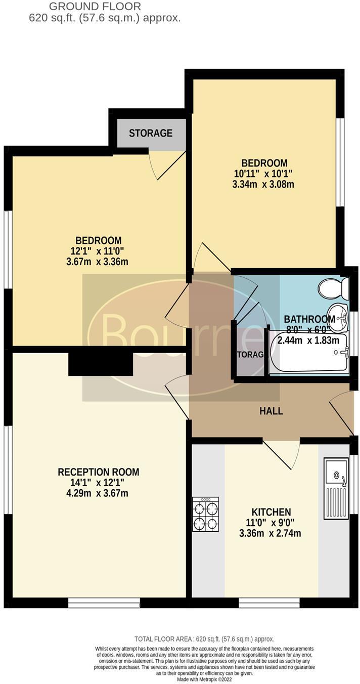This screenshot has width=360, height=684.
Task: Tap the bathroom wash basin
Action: tap(338, 315)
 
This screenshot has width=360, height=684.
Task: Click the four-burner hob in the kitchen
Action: tap(205, 514)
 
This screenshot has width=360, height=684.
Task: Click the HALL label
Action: tap(271, 411)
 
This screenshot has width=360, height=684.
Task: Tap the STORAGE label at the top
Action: tap(150, 133)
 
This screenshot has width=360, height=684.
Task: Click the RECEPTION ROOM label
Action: tap(98, 472)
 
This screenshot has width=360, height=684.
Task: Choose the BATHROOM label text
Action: tap(309, 319)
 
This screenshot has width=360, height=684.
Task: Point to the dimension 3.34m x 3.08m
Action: tap(263, 184)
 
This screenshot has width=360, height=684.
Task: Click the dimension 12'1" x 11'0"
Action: tap(99, 250)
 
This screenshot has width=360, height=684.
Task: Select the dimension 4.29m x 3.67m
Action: tap(99, 492)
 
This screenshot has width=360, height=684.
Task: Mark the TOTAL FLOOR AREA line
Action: tap(204, 639)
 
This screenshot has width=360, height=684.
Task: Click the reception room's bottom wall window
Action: tap(104, 603)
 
